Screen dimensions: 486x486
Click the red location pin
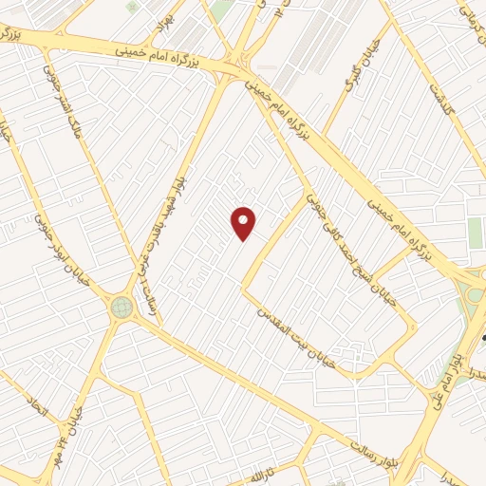tap(244, 222)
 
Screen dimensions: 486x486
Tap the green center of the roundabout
tap(121, 307)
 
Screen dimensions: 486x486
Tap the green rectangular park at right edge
tap(476, 234)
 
